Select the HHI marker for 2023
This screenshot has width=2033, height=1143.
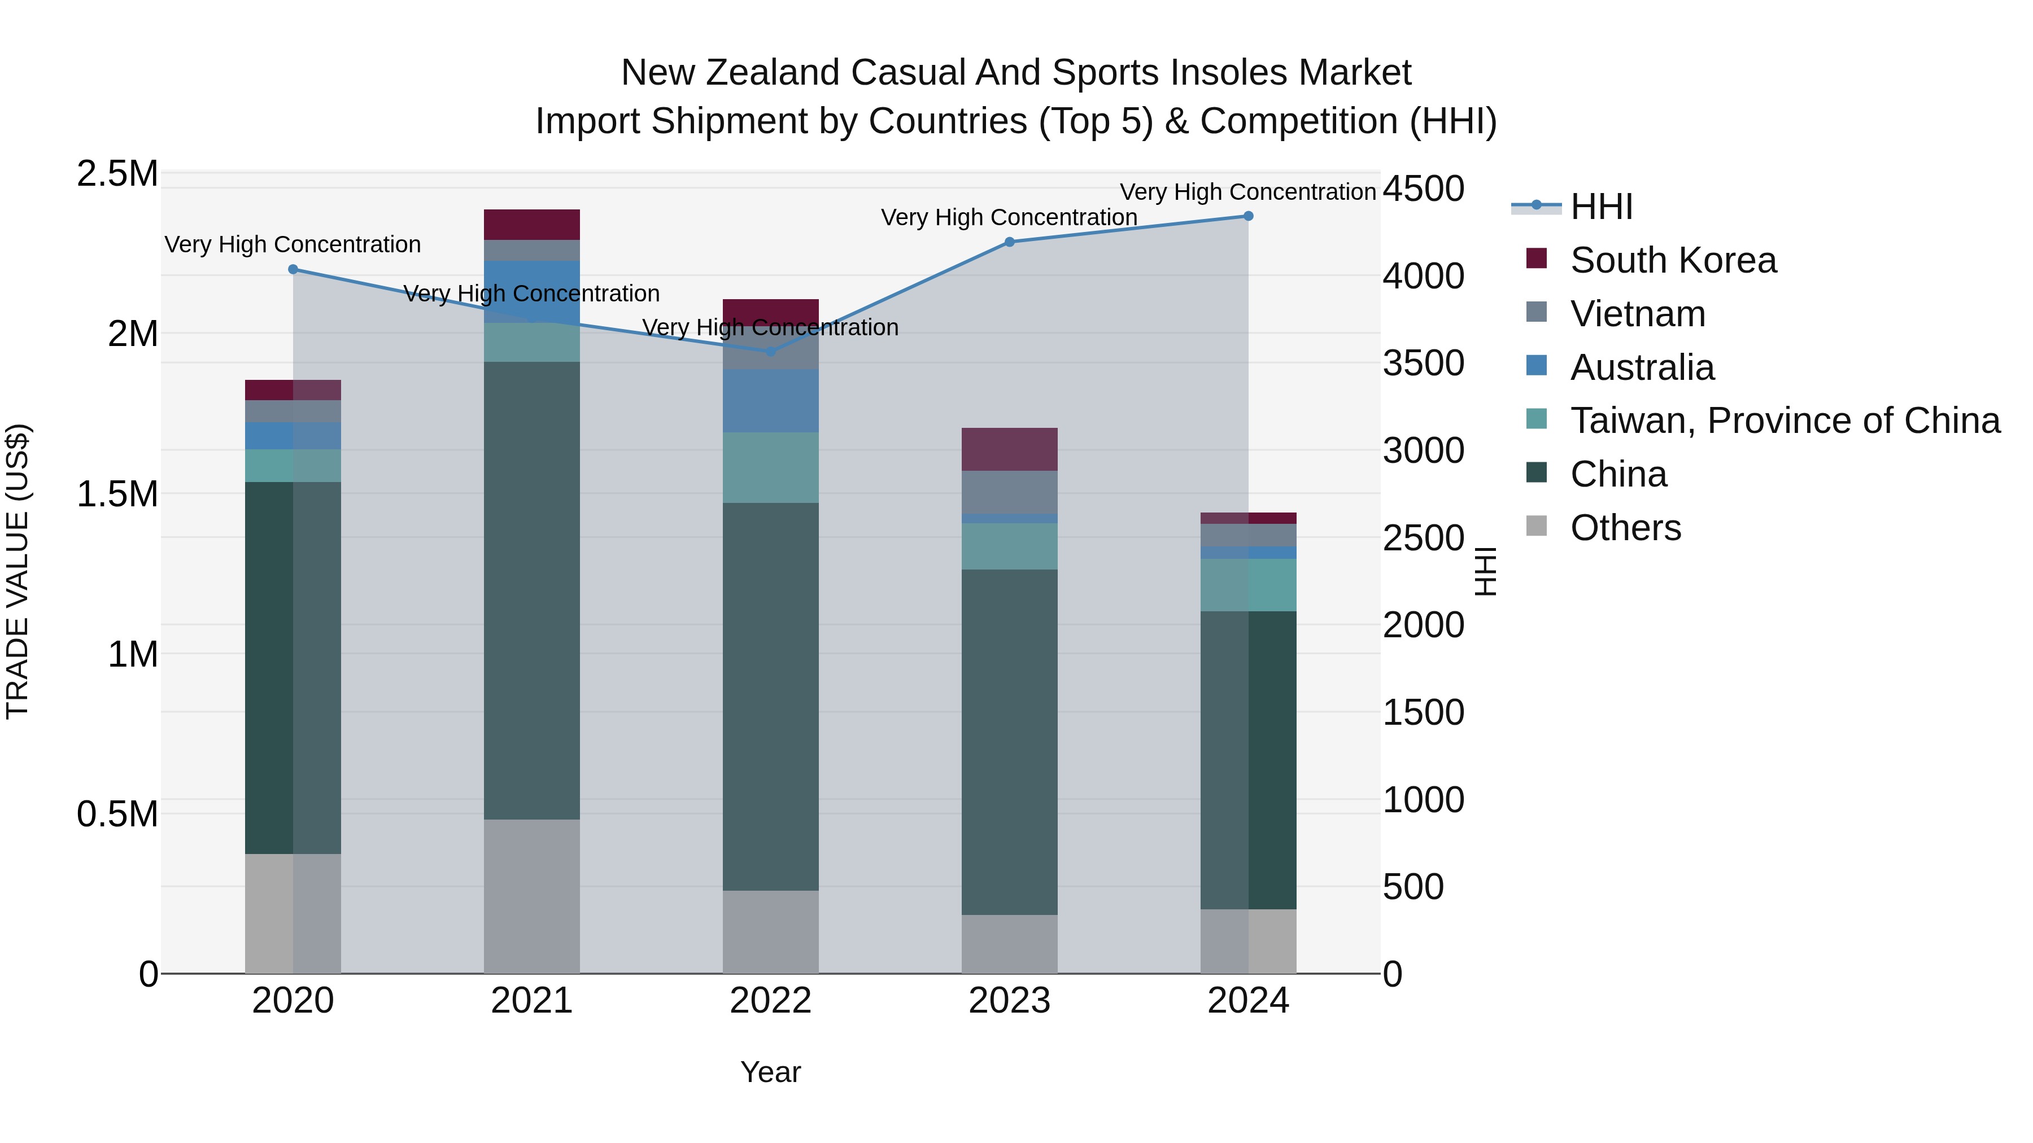click(1009, 242)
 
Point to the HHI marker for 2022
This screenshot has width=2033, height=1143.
click(771, 351)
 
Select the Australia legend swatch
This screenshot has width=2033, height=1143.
click(1537, 366)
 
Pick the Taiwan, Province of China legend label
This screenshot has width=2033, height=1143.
click(1785, 421)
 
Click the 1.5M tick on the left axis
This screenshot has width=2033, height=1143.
click(117, 494)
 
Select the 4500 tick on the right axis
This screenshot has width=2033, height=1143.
click(1423, 189)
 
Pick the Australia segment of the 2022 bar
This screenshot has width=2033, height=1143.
click(771, 401)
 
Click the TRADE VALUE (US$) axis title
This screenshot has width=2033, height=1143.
click(18, 571)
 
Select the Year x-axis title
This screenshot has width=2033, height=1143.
click(770, 1072)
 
